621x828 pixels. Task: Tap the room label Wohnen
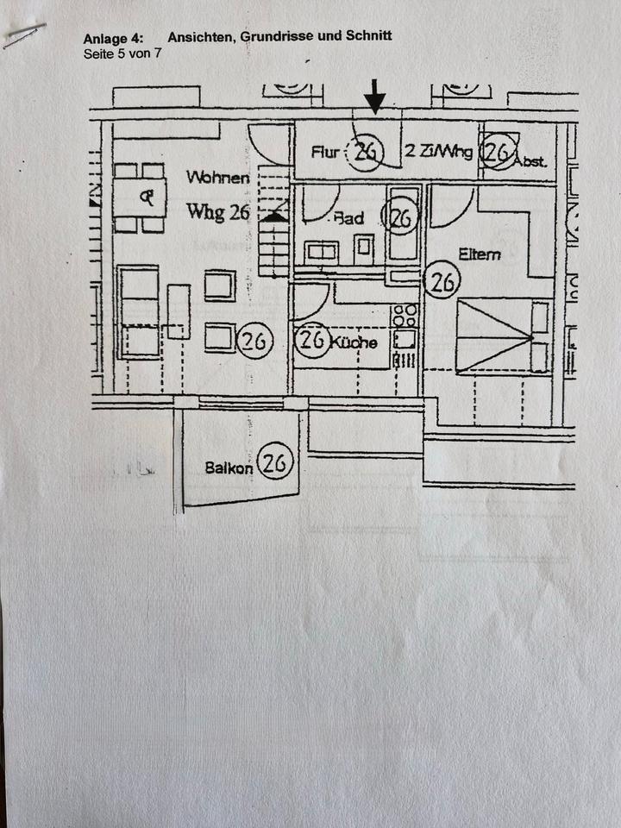pyautogui.click(x=218, y=178)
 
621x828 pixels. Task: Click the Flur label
pyautogui.click(x=327, y=153)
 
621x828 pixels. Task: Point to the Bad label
pyautogui.click(x=349, y=218)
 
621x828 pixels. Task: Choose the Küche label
pyautogui.click(x=354, y=342)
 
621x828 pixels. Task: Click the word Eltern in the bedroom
pyautogui.click(x=480, y=254)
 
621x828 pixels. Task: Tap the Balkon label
pyautogui.click(x=229, y=468)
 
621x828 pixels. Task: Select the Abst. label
pyautogui.click(x=530, y=160)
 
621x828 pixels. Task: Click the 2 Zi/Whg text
pyautogui.click(x=438, y=153)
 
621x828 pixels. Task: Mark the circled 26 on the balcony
pyautogui.click(x=275, y=464)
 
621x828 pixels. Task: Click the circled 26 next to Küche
pyautogui.click(x=311, y=340)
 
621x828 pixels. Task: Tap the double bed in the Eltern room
pyautogui.click(x=502, y=336)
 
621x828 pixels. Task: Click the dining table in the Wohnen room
pyautogui.click(x=139, y=198)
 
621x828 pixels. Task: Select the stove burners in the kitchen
pyautogui.click(x=405, y=315)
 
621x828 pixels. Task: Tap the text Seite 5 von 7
pyautogui.click(x=122, y=53)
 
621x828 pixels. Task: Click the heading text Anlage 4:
pyautogui.click(x=113, y=38)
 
